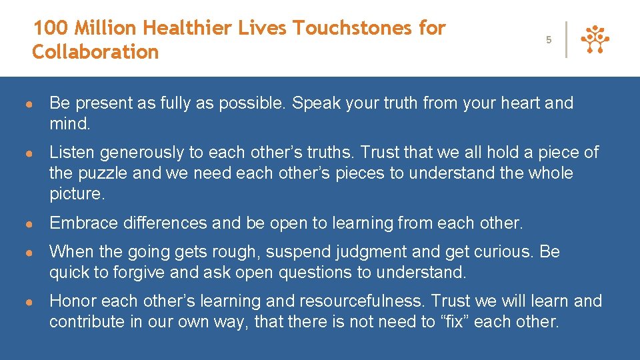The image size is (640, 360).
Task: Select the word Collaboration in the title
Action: point(95,51)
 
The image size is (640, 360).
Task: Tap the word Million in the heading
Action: point(107,28)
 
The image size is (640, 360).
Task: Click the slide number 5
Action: point(549,40)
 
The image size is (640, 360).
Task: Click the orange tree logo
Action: point(595,40)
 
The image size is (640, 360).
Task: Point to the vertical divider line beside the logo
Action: point(566,40)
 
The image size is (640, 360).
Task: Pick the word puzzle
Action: point(103,173)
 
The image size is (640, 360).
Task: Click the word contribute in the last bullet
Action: point(85,322)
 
